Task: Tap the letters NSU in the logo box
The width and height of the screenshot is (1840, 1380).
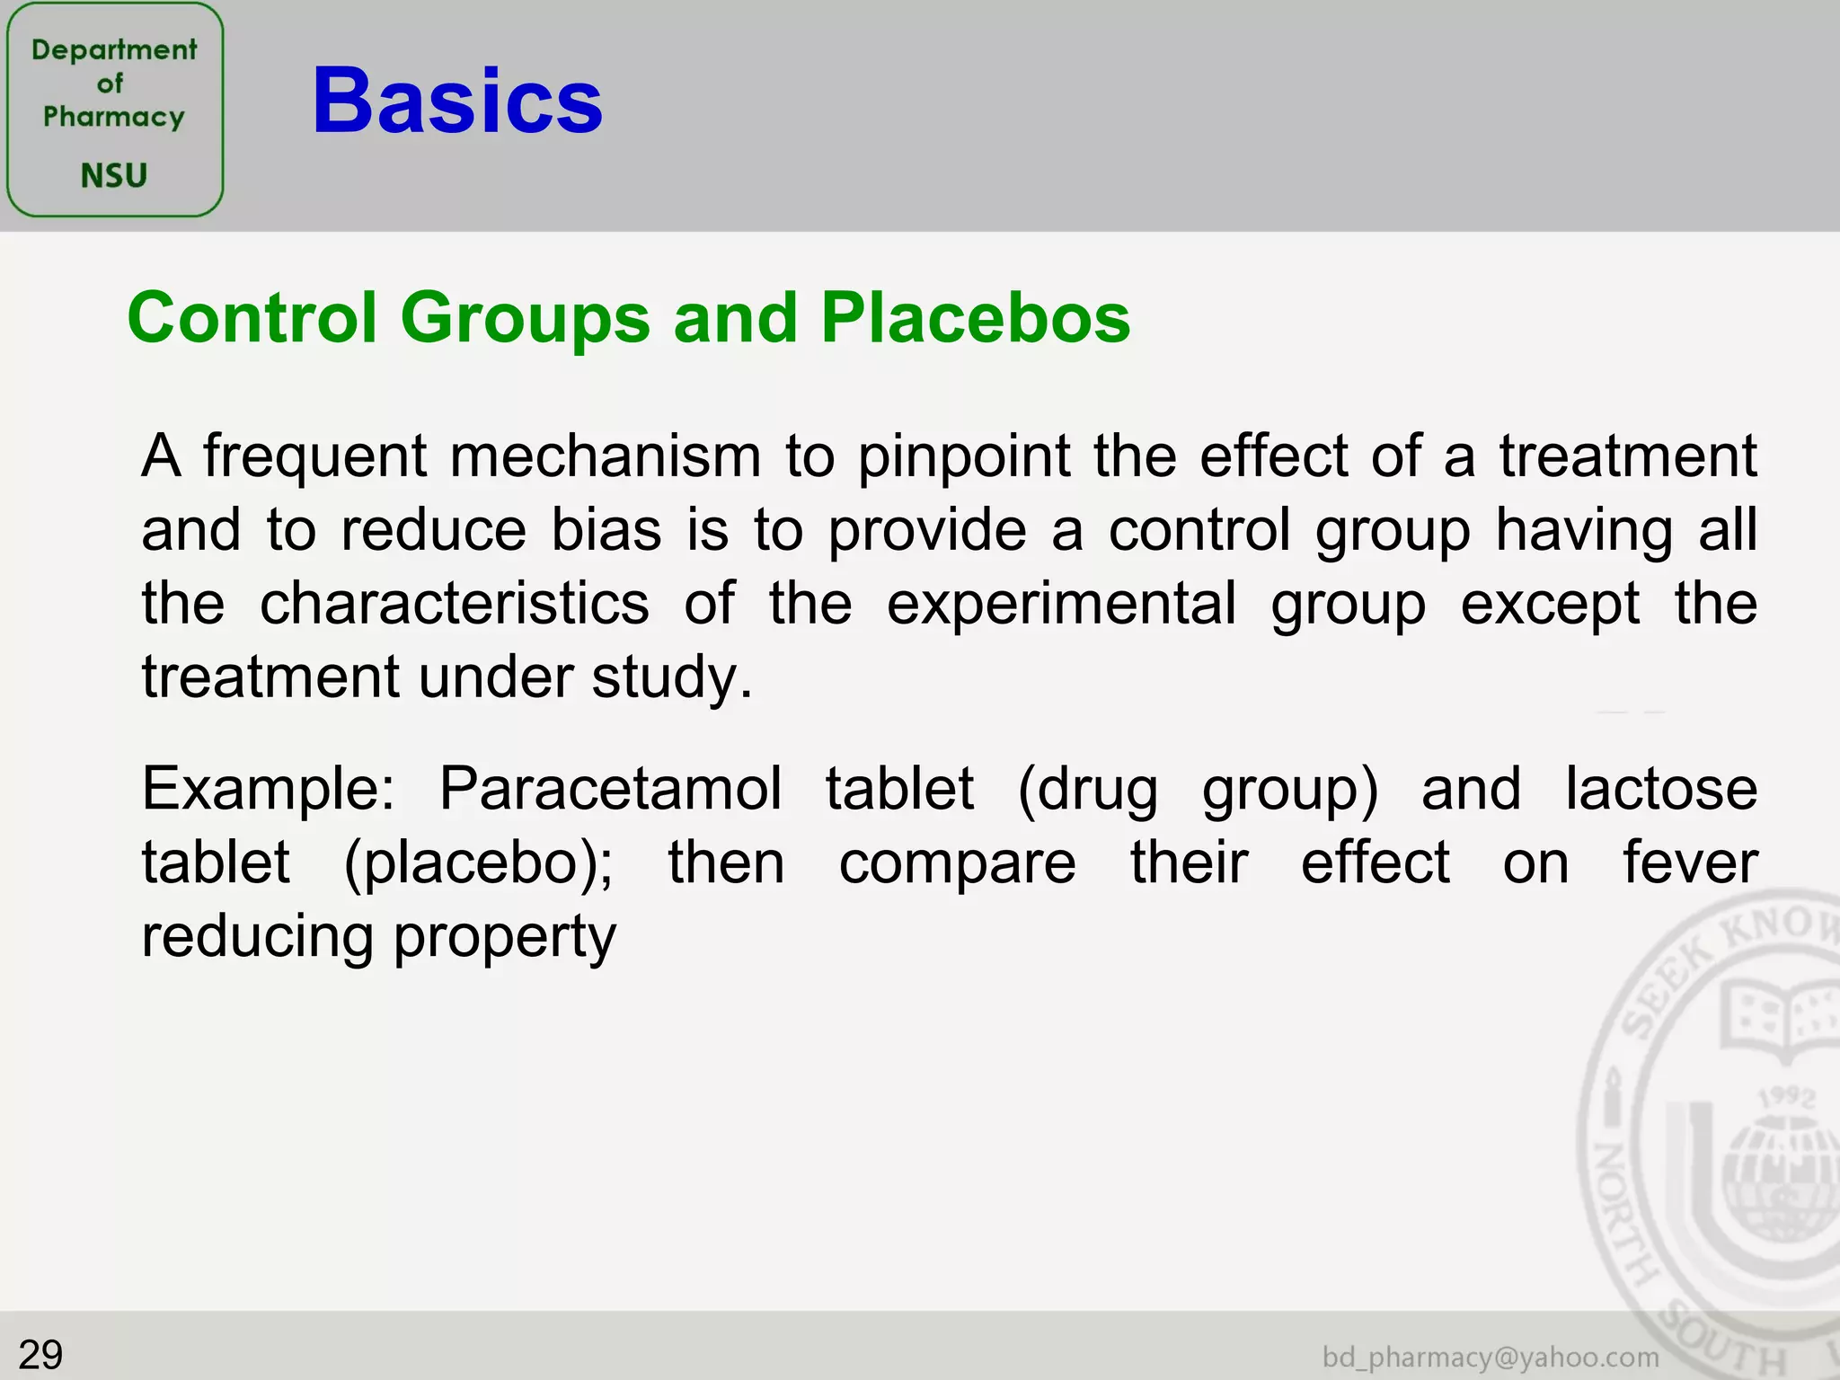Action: [113, 175]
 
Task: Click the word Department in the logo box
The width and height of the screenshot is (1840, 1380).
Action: [114, 49]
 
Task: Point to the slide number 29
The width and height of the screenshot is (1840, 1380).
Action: [40, 1354]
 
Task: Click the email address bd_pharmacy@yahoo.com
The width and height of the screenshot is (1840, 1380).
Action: [1491, 1357]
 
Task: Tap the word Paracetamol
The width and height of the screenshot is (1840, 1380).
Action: [610, 789]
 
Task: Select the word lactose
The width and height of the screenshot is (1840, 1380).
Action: [1661, 789]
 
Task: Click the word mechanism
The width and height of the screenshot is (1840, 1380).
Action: [605, 456]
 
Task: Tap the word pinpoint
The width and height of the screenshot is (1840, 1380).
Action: [963, 457]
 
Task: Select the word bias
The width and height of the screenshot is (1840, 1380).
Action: [606, 529]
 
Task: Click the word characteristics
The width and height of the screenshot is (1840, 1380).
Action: [454, 603]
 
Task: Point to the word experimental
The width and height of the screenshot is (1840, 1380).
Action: [1061, 605]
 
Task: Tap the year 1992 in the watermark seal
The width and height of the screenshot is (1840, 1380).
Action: [1787, 1097]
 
